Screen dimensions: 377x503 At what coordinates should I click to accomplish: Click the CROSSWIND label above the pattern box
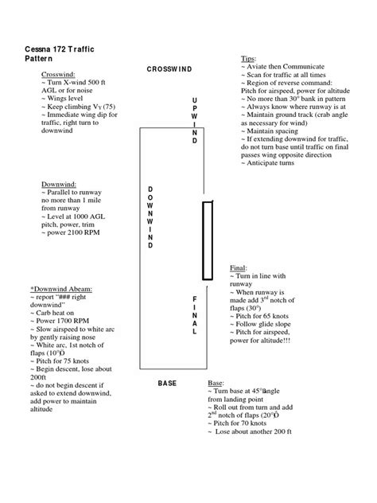(169, 69)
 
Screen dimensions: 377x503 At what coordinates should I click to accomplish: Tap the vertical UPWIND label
(194, 120)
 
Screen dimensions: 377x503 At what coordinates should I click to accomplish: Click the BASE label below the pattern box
(167, 384)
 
